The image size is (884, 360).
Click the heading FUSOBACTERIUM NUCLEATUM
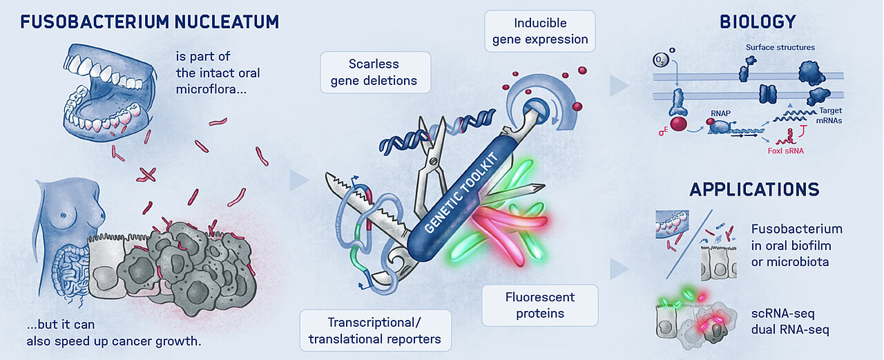150,21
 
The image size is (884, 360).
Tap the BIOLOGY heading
758,22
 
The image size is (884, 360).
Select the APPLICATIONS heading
754,189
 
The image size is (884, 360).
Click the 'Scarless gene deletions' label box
374,73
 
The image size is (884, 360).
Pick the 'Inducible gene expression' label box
540,31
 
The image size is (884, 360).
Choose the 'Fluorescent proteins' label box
539,305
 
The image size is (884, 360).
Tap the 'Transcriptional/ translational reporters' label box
375,330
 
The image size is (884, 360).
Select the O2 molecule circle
660,61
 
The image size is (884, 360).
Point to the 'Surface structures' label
780,48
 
